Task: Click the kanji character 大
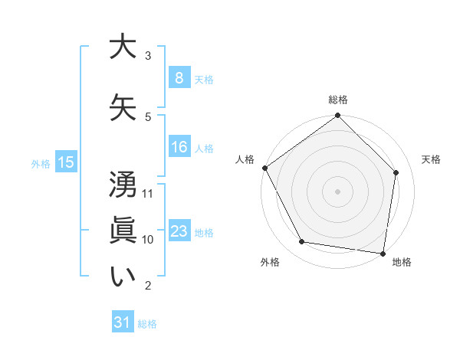point(123,47)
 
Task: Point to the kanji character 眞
point(123,230)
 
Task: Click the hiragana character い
point(123,277)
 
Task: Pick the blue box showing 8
point(179,77)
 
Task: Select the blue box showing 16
point(179,147)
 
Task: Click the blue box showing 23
point(179,231)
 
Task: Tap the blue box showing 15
point(65,162)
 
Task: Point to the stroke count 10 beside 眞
point(149,239)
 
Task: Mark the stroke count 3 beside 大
point(148,55)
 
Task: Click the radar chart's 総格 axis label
point(338,100)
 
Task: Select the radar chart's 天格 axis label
point(431,159)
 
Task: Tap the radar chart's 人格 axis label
point(245,159)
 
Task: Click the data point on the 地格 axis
point(383,253)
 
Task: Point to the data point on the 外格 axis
point(302,242)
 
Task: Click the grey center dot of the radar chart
point(338,191)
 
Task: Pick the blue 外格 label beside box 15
point(41,163)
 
